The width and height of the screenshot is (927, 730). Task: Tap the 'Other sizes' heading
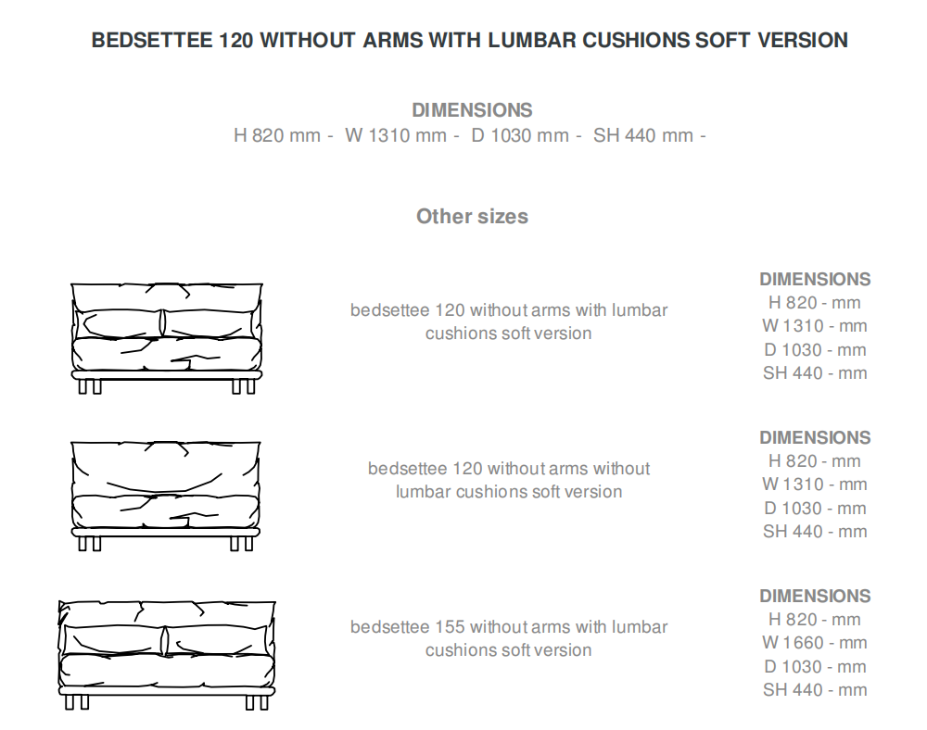472,216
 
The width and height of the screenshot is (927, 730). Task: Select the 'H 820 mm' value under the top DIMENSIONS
277,135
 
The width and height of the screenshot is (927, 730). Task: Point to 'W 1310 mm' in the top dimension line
396,135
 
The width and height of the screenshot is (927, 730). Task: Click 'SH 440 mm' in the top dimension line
643,135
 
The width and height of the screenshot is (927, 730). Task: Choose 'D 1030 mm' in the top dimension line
520,135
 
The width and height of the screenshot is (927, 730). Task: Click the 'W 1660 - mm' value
815,643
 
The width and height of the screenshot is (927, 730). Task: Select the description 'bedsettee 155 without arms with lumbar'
508,627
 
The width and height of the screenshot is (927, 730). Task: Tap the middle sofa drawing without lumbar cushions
167,496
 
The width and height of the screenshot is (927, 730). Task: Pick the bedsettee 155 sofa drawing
167,654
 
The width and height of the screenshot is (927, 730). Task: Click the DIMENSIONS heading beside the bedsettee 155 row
815,596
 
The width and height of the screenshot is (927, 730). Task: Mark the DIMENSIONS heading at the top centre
472,110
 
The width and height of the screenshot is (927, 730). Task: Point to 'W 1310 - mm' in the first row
815,326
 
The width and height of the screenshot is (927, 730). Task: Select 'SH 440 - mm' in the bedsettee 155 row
815,689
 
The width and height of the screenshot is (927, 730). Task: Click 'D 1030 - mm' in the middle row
815,508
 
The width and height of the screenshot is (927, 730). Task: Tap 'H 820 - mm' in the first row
815,303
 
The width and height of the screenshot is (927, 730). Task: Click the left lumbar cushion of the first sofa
121,323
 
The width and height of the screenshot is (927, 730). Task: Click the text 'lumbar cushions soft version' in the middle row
508,492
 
